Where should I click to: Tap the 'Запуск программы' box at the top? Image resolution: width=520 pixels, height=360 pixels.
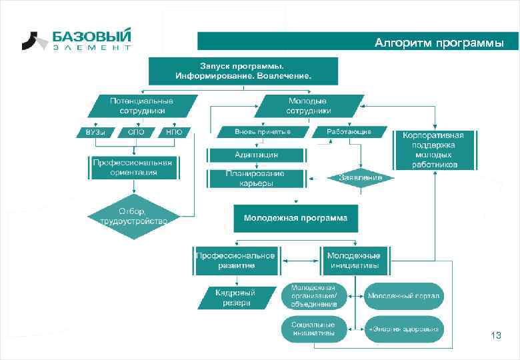pyautogui.click(x=243, y=71)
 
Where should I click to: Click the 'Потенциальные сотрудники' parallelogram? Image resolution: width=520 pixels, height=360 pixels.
pyautogui.click(x=141, y=105)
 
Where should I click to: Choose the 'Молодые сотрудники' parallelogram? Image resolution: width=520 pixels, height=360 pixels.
pyautogui.click(x=309, y=105)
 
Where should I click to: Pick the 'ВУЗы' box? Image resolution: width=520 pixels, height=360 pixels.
pyautogui.click(x=95, y=132)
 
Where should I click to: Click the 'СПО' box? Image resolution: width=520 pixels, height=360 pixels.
pyautogui.click(x=136, y=132)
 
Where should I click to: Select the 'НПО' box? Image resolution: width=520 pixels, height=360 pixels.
pyautogui.click(x=174, y=132)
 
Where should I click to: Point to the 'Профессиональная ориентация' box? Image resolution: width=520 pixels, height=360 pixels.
pyautogui.click(x=133, y=167)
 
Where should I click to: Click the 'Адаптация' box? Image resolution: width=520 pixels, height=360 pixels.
pyautogui.click(x=257, y=155)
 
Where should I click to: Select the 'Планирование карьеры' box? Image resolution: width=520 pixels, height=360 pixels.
pyautogui.click(x=257, y=179)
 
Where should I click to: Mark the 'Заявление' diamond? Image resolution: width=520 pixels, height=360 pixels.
pyautogui.click(x=361, y=178)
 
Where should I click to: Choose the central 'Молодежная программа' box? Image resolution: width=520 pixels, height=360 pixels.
pyautogui.click(x=295, y=218)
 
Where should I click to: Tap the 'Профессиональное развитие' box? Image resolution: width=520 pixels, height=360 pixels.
pyautogui.click(x=235, y=261)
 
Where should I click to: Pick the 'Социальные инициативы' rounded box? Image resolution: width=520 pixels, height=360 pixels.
pyautogui.click(x=313, y=329)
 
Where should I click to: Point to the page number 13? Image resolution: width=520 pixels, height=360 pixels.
pyautogui.click(x=495, y=335)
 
